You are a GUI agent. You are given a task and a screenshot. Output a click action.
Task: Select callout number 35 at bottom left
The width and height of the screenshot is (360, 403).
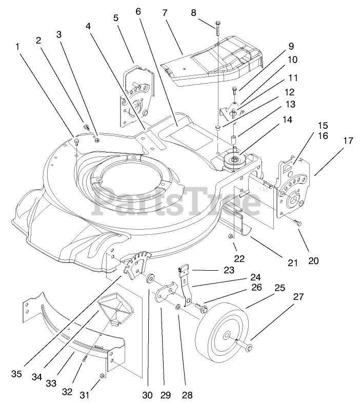pos(17,374)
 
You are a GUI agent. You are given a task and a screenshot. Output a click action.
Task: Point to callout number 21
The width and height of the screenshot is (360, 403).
pos(293,263)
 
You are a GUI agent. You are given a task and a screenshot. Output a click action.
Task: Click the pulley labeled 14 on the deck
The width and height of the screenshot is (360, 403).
pos(234,162)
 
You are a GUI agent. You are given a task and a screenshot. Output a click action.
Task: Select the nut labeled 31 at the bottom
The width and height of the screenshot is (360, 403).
pos(102,376)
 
